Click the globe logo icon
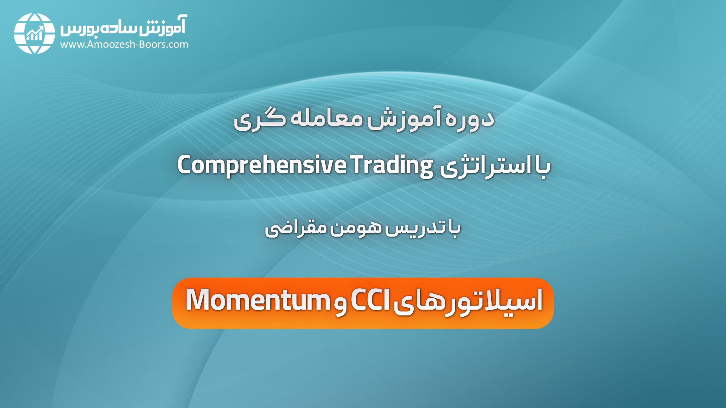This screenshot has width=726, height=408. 34,34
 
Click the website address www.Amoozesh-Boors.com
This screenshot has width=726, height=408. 124,45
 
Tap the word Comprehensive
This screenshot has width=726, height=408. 262,165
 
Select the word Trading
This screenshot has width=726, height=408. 392,165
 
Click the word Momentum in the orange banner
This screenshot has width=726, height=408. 258,300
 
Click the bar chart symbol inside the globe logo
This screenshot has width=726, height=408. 35,34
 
